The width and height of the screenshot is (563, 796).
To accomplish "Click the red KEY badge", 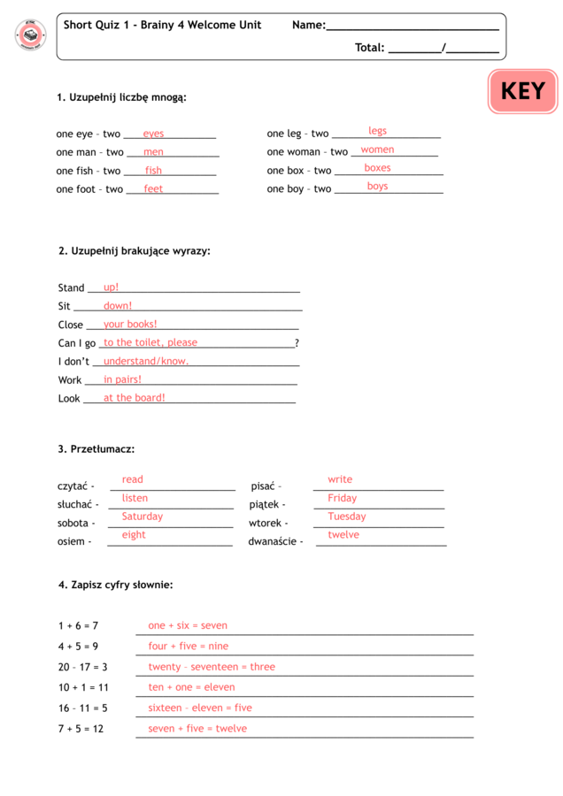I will [x=522, y=91].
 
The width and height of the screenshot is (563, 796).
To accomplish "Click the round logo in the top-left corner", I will [x=30, y=35].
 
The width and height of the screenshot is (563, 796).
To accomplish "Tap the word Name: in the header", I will [x=309, y=26].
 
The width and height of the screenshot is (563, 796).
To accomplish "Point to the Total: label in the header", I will [x=370, y=48].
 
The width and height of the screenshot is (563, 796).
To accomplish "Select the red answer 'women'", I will [x=377, y=149].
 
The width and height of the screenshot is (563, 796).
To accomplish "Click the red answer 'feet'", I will [x=153, y=188].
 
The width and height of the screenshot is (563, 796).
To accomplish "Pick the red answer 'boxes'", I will [x=377, y=168].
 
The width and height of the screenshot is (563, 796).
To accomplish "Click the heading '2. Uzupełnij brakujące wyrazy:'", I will [x=135, y=251].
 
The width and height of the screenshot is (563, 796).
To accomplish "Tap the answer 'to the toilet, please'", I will [x=150, y=342].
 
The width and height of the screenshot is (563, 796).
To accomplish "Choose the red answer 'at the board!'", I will [x=135, y=398].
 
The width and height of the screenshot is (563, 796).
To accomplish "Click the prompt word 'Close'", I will [x=71, y=325].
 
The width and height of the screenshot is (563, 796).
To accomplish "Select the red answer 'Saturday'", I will [x=143, y=517].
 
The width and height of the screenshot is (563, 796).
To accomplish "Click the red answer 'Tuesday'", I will [x=346, y=517].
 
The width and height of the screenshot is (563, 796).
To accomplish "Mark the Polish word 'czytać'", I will [x=73, y=486].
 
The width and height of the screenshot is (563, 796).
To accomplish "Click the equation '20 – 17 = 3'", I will [x=83, y=667].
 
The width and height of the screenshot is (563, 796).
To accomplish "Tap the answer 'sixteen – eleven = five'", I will [x=200, y=708].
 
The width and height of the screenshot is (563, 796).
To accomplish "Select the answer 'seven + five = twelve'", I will [x=197, y=729].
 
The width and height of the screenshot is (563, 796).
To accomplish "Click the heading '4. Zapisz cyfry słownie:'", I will [x=116, y=585].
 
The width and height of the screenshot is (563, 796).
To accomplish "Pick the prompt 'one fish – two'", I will [x=88, y=171].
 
